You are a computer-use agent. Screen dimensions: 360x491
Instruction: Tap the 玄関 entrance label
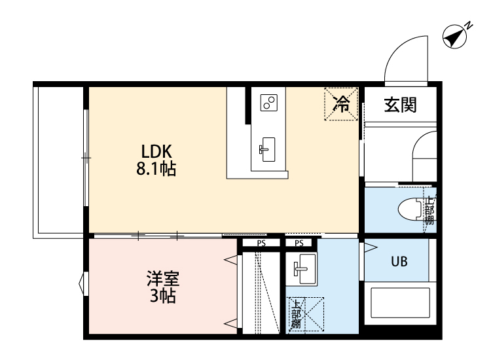click(x=400, y=103)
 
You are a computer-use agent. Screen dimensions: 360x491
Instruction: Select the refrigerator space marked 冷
click(x=341, y=103)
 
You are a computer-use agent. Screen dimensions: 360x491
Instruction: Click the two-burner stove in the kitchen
click(x=269, y=102)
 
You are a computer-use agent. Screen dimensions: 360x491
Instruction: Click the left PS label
click(x=261, y=243)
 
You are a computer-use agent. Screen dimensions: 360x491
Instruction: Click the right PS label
click(x=299, y=243)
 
